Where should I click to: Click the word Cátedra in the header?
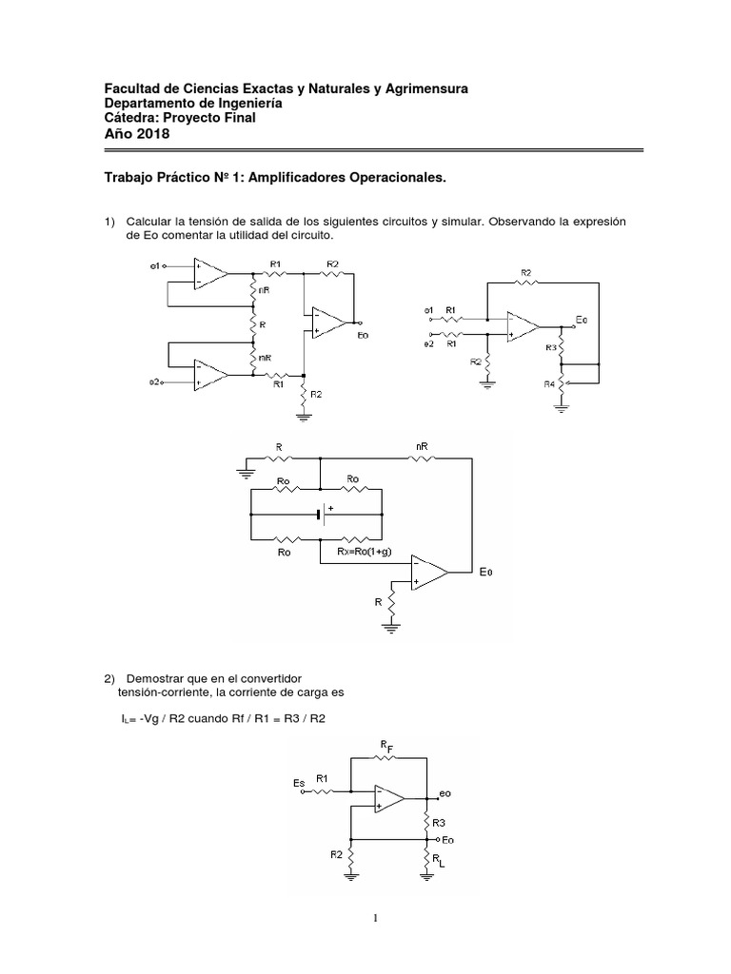[132, 118]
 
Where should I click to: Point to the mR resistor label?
[264, 359]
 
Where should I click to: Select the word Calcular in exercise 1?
[151, 222]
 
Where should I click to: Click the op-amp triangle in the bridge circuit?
[429, 571]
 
